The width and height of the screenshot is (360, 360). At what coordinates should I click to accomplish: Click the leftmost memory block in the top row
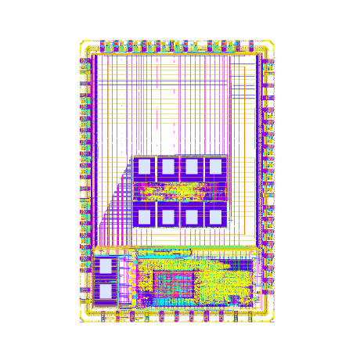click(x=144, y=167)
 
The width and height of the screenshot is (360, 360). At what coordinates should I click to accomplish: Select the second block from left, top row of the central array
click(x=167, y=167)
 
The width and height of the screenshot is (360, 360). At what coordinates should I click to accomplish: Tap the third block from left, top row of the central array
click(x=191, y=167)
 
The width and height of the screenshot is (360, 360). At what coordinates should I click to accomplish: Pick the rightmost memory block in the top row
click(x=214, y=167)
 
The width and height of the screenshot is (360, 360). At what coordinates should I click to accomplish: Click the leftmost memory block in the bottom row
click(x=144, y=215)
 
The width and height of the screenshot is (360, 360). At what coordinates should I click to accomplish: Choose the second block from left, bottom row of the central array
click(x=167, y=215)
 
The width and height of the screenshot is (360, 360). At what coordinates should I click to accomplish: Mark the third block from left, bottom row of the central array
click(x=191, y=215)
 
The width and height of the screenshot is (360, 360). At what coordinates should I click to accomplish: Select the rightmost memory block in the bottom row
click(x=214, y=215)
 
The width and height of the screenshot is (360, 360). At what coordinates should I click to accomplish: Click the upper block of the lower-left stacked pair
click(x=105, y=266)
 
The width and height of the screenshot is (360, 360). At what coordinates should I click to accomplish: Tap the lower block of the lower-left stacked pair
click(x=105, y=291)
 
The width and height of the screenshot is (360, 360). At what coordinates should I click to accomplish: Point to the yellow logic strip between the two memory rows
click(x=178, y=190)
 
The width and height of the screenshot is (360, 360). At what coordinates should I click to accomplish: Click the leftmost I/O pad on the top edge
click(x=103, y=44)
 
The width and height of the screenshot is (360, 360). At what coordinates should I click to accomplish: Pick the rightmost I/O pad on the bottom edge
click(x=249, y=316)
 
